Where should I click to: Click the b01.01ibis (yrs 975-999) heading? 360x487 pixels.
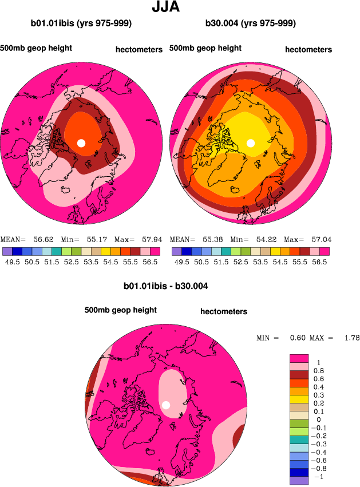click(x=81, y=23)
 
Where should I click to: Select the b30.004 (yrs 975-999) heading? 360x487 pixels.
click(x=250, y=23)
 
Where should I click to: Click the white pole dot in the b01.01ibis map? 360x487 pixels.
click(x=81, y=142)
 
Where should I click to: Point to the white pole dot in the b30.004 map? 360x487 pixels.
click(x=250, y=142)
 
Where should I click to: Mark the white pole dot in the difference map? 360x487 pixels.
click(x=166, y=405)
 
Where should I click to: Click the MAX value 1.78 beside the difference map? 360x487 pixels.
click(x=351, y=338)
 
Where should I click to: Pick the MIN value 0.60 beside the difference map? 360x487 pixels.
click(x=296, y=338)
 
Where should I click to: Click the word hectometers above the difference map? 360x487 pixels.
click(x=224, y=312)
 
